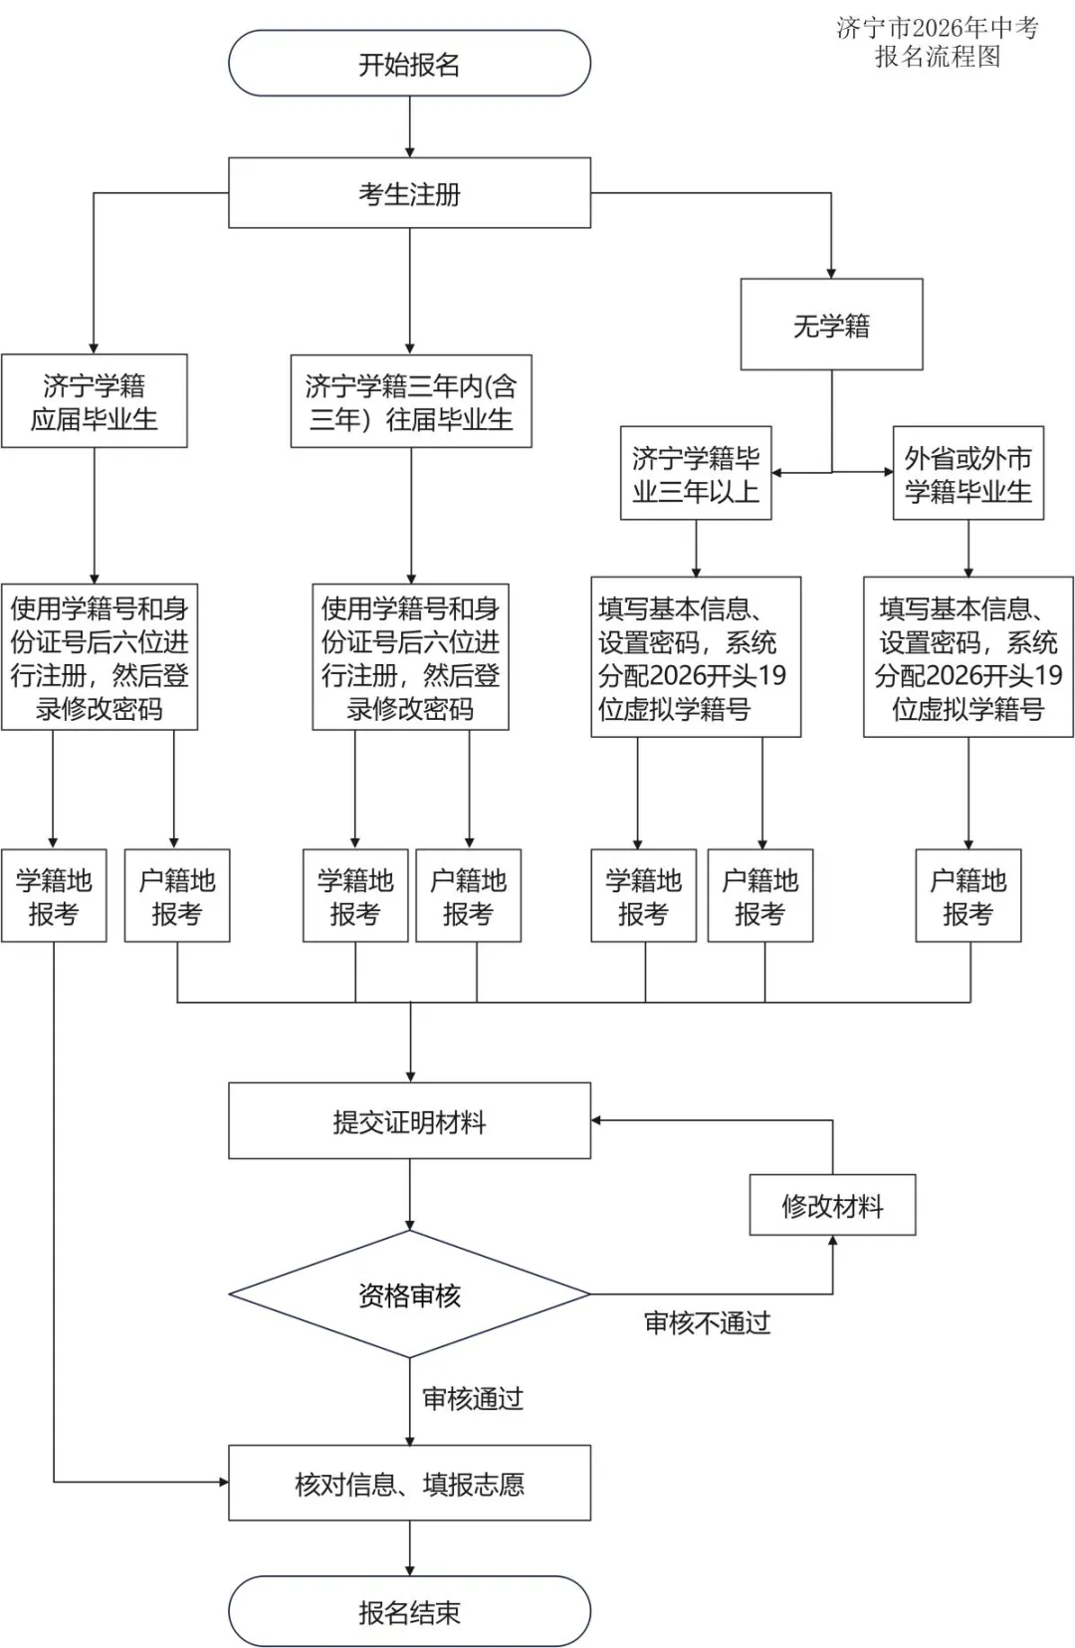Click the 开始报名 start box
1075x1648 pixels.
click(x=409, y=64)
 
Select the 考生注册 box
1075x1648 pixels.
click(x=409, y=193)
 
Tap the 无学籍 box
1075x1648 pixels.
click(x=831, y=325)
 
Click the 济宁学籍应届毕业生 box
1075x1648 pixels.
click(x=94, y=401)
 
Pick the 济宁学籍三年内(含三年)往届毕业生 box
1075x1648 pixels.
click(x=410, y=401)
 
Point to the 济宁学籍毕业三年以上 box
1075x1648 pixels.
click(x=696, y=474)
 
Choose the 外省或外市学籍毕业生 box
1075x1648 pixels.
click(x=967, y=474)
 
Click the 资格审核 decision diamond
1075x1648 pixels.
click(x=409, y=1295)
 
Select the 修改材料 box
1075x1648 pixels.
click(x=832, y=1206)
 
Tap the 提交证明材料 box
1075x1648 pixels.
click(x=409, y=1121)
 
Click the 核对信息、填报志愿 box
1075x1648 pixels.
click(x=409, y=1484)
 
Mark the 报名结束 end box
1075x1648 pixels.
click(x=409, y=1611)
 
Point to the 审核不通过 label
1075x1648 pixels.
click(x=707, y=1322)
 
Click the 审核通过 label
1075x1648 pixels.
click(x=472, y=1398)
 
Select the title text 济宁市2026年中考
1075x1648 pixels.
click(x=937, y=28)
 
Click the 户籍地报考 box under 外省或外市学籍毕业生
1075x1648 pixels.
click(x=967, y=896)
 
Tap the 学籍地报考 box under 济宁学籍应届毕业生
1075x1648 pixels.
click(x=53, y=896)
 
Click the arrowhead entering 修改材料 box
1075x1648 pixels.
click(x=832, y=1243)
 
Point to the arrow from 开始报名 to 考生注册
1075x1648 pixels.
click(x=409, y=126)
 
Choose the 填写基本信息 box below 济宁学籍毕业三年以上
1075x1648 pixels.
click(x=696, y=657)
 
